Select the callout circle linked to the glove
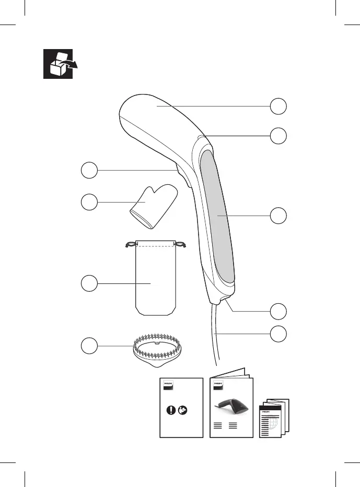(x=89, y=202)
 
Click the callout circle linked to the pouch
(x=89, y=283)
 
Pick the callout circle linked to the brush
(x=89, y=345)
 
